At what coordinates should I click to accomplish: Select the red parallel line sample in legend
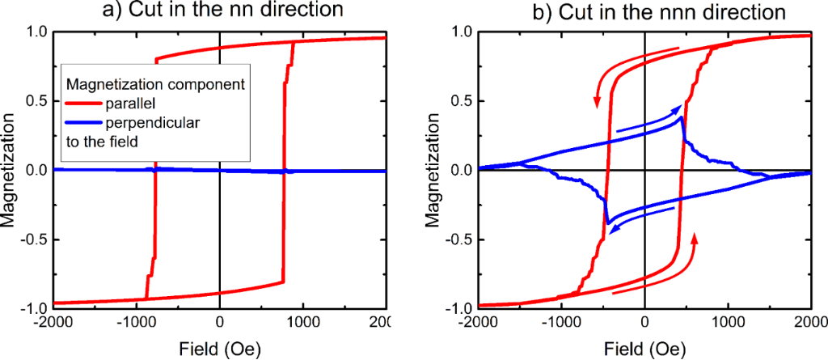[82, 104]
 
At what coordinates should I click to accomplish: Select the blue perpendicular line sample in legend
[82, 123]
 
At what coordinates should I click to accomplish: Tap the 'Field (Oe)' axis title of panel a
[219, 348]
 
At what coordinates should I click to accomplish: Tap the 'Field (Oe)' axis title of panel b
[644, 348]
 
